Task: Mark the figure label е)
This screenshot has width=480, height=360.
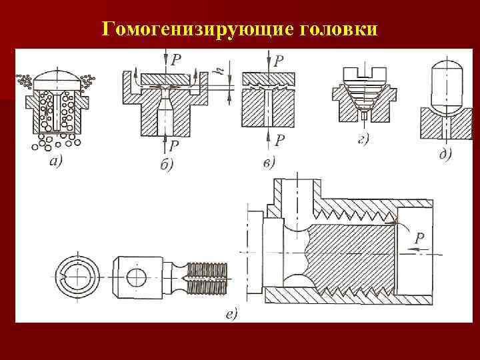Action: (232, 313)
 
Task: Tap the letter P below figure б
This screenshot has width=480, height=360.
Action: (174, 145)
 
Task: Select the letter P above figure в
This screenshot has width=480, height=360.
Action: (279, 61)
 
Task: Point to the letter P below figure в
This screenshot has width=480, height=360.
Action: (280, 140)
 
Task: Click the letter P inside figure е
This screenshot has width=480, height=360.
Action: (419, 237)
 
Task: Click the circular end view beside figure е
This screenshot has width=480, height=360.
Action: (78, 277)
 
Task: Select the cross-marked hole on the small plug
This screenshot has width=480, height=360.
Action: (137, 276)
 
